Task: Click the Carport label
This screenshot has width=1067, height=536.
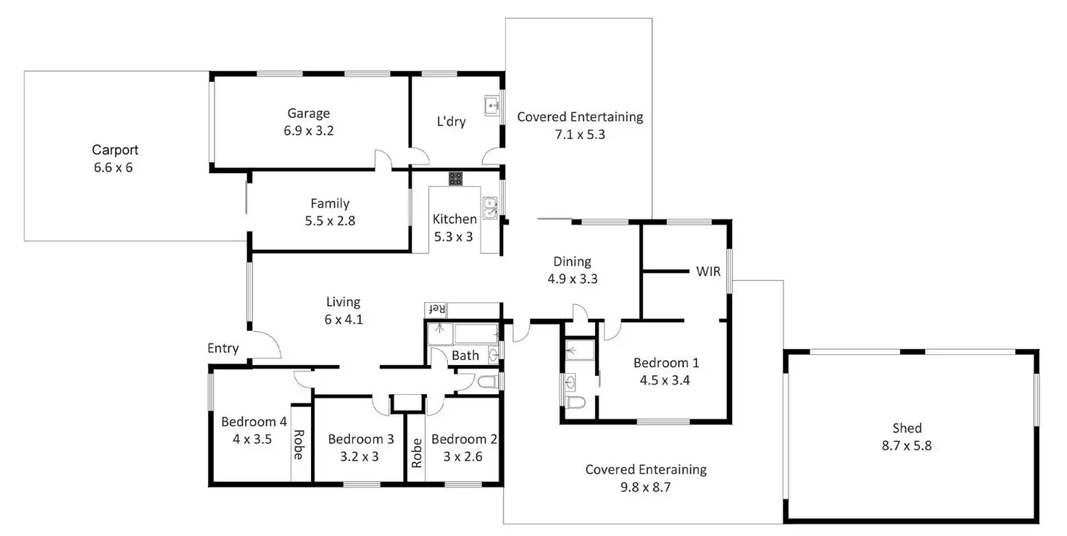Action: pos(115,150)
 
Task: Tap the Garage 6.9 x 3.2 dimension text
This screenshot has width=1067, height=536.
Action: pos(309,131)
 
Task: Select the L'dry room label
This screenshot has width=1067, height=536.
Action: pos(451,122)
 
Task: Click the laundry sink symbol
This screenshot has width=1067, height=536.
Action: pos(493,105)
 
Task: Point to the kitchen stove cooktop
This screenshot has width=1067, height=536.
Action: pos(455,178)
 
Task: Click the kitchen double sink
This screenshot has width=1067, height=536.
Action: pos(490,208)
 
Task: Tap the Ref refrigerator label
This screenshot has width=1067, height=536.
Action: pos(436,309)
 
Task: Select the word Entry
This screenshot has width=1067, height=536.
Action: pos(223,348)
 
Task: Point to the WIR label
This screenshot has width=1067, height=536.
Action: pos(707,272)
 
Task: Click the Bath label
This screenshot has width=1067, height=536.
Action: pos(465,355)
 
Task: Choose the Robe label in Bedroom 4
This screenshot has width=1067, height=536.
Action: pos(299,445)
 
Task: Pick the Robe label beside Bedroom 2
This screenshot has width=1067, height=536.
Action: pos(417,453)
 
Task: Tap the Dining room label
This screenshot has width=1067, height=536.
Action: pos(572,261)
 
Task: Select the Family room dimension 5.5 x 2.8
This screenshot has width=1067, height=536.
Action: pos(330,221)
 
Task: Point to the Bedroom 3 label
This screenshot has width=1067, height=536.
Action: pos(360,439)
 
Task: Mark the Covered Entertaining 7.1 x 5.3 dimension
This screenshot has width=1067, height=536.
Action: pos(580,134)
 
